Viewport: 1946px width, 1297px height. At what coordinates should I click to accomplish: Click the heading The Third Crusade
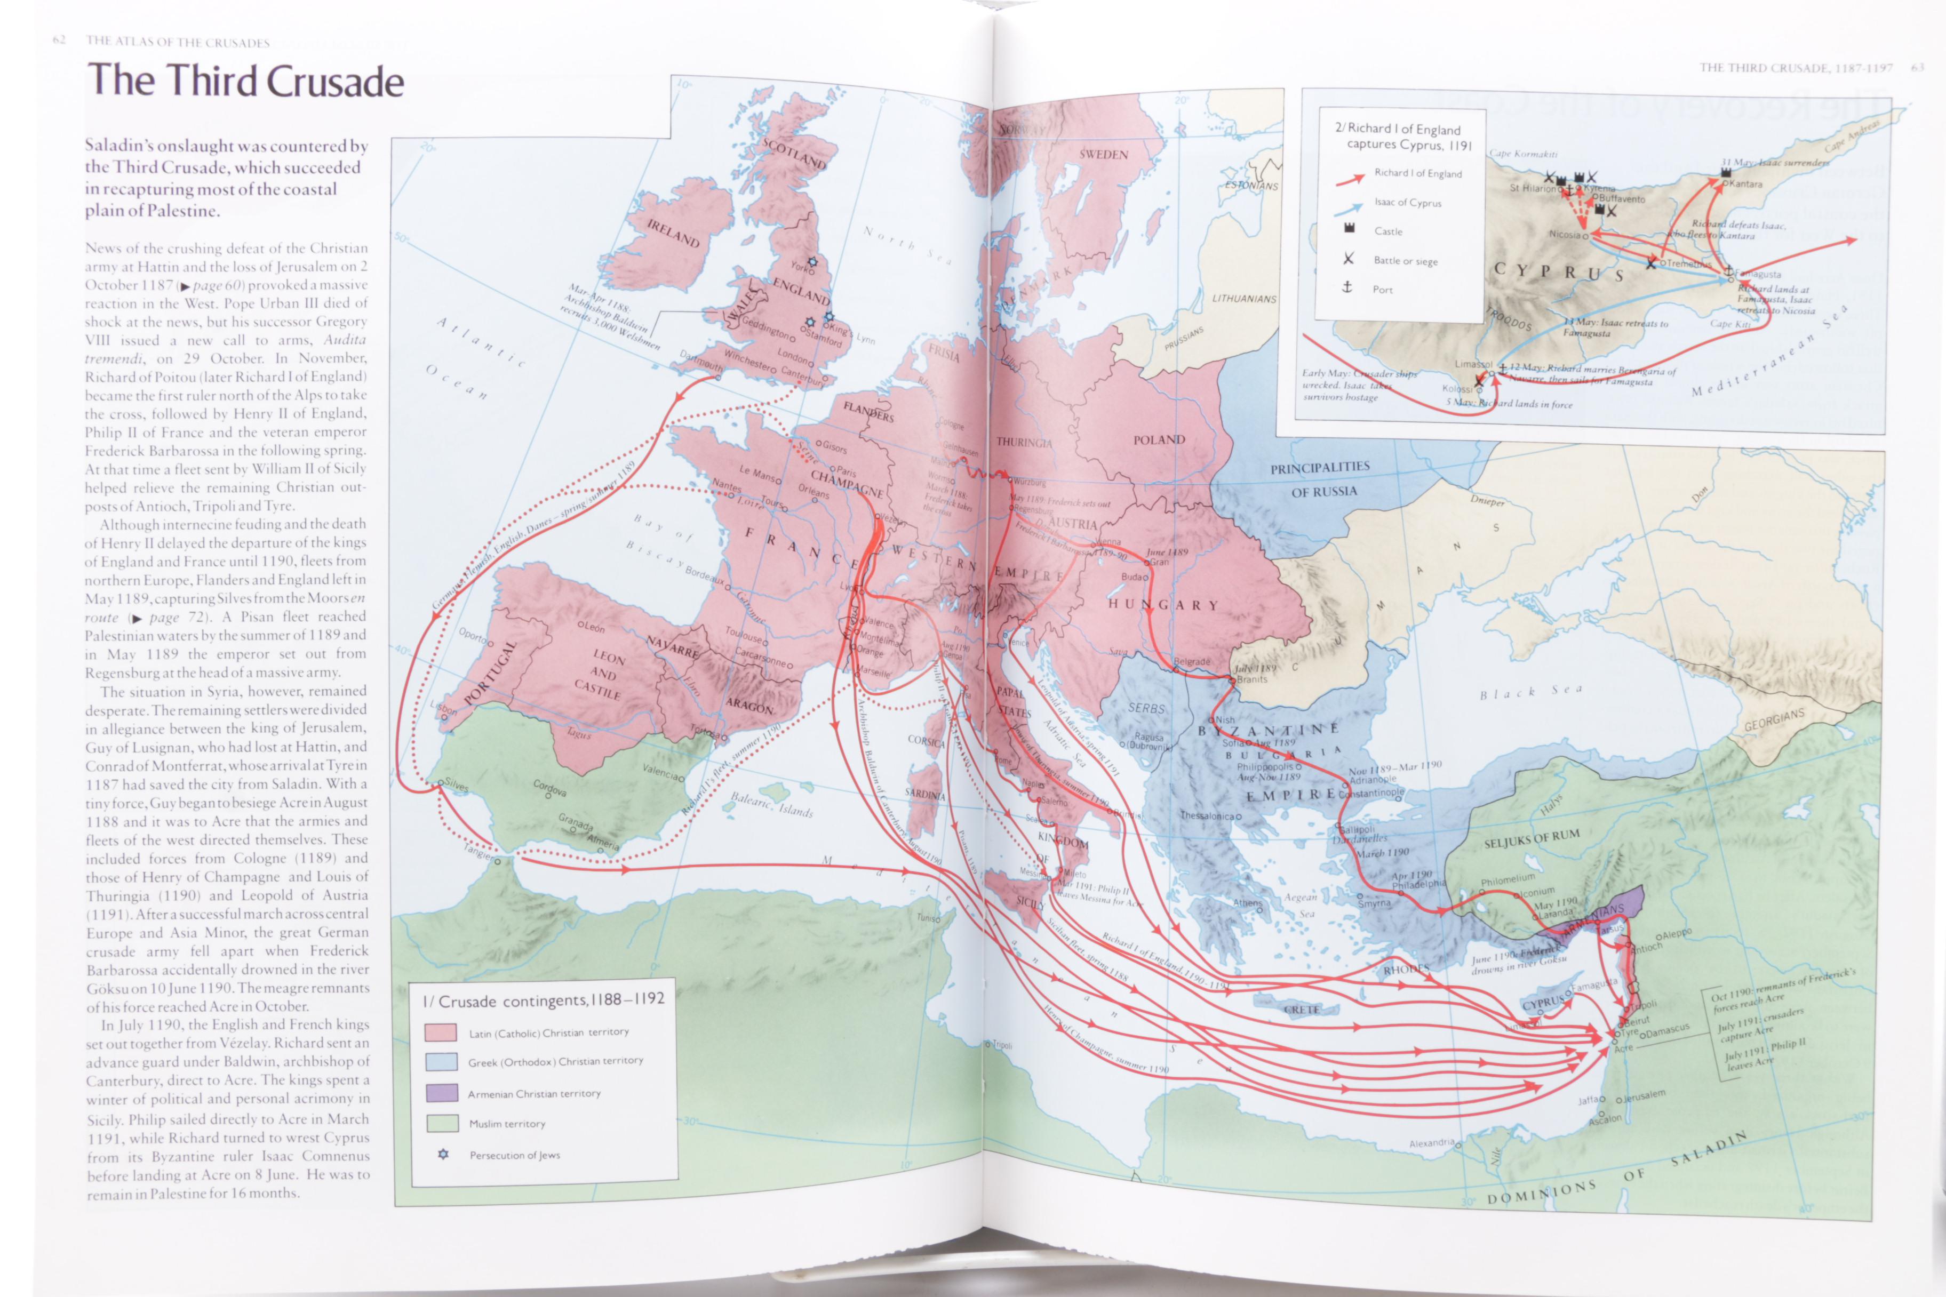(x=246, y=81)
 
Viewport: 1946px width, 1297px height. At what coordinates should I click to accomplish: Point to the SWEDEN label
(x=1103, y=155)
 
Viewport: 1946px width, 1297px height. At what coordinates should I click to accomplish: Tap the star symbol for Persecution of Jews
(x=443, y=1154)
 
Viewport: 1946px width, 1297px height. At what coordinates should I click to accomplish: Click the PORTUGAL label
(x=489, y=674)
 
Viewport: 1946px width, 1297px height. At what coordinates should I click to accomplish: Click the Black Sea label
(x=1530, y=692)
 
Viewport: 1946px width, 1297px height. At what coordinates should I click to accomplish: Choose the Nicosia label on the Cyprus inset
(x=1565, y=235)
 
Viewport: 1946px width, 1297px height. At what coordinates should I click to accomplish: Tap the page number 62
(x=59, y=41)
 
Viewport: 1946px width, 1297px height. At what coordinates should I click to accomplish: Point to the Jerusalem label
(x=1644, y=1095)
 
